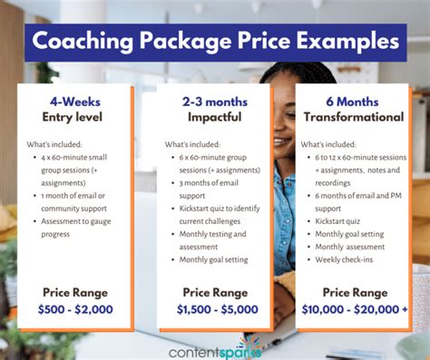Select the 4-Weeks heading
coord(74,101)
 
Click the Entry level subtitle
coord(74,117)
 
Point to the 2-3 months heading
coord(213,101)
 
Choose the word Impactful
coord(213,117)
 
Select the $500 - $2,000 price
coord(75,308)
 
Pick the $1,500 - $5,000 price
coord(214,308)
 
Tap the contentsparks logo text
coord(214,346)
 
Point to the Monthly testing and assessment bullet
coord(215,238)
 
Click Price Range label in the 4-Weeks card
coord(75,291)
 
